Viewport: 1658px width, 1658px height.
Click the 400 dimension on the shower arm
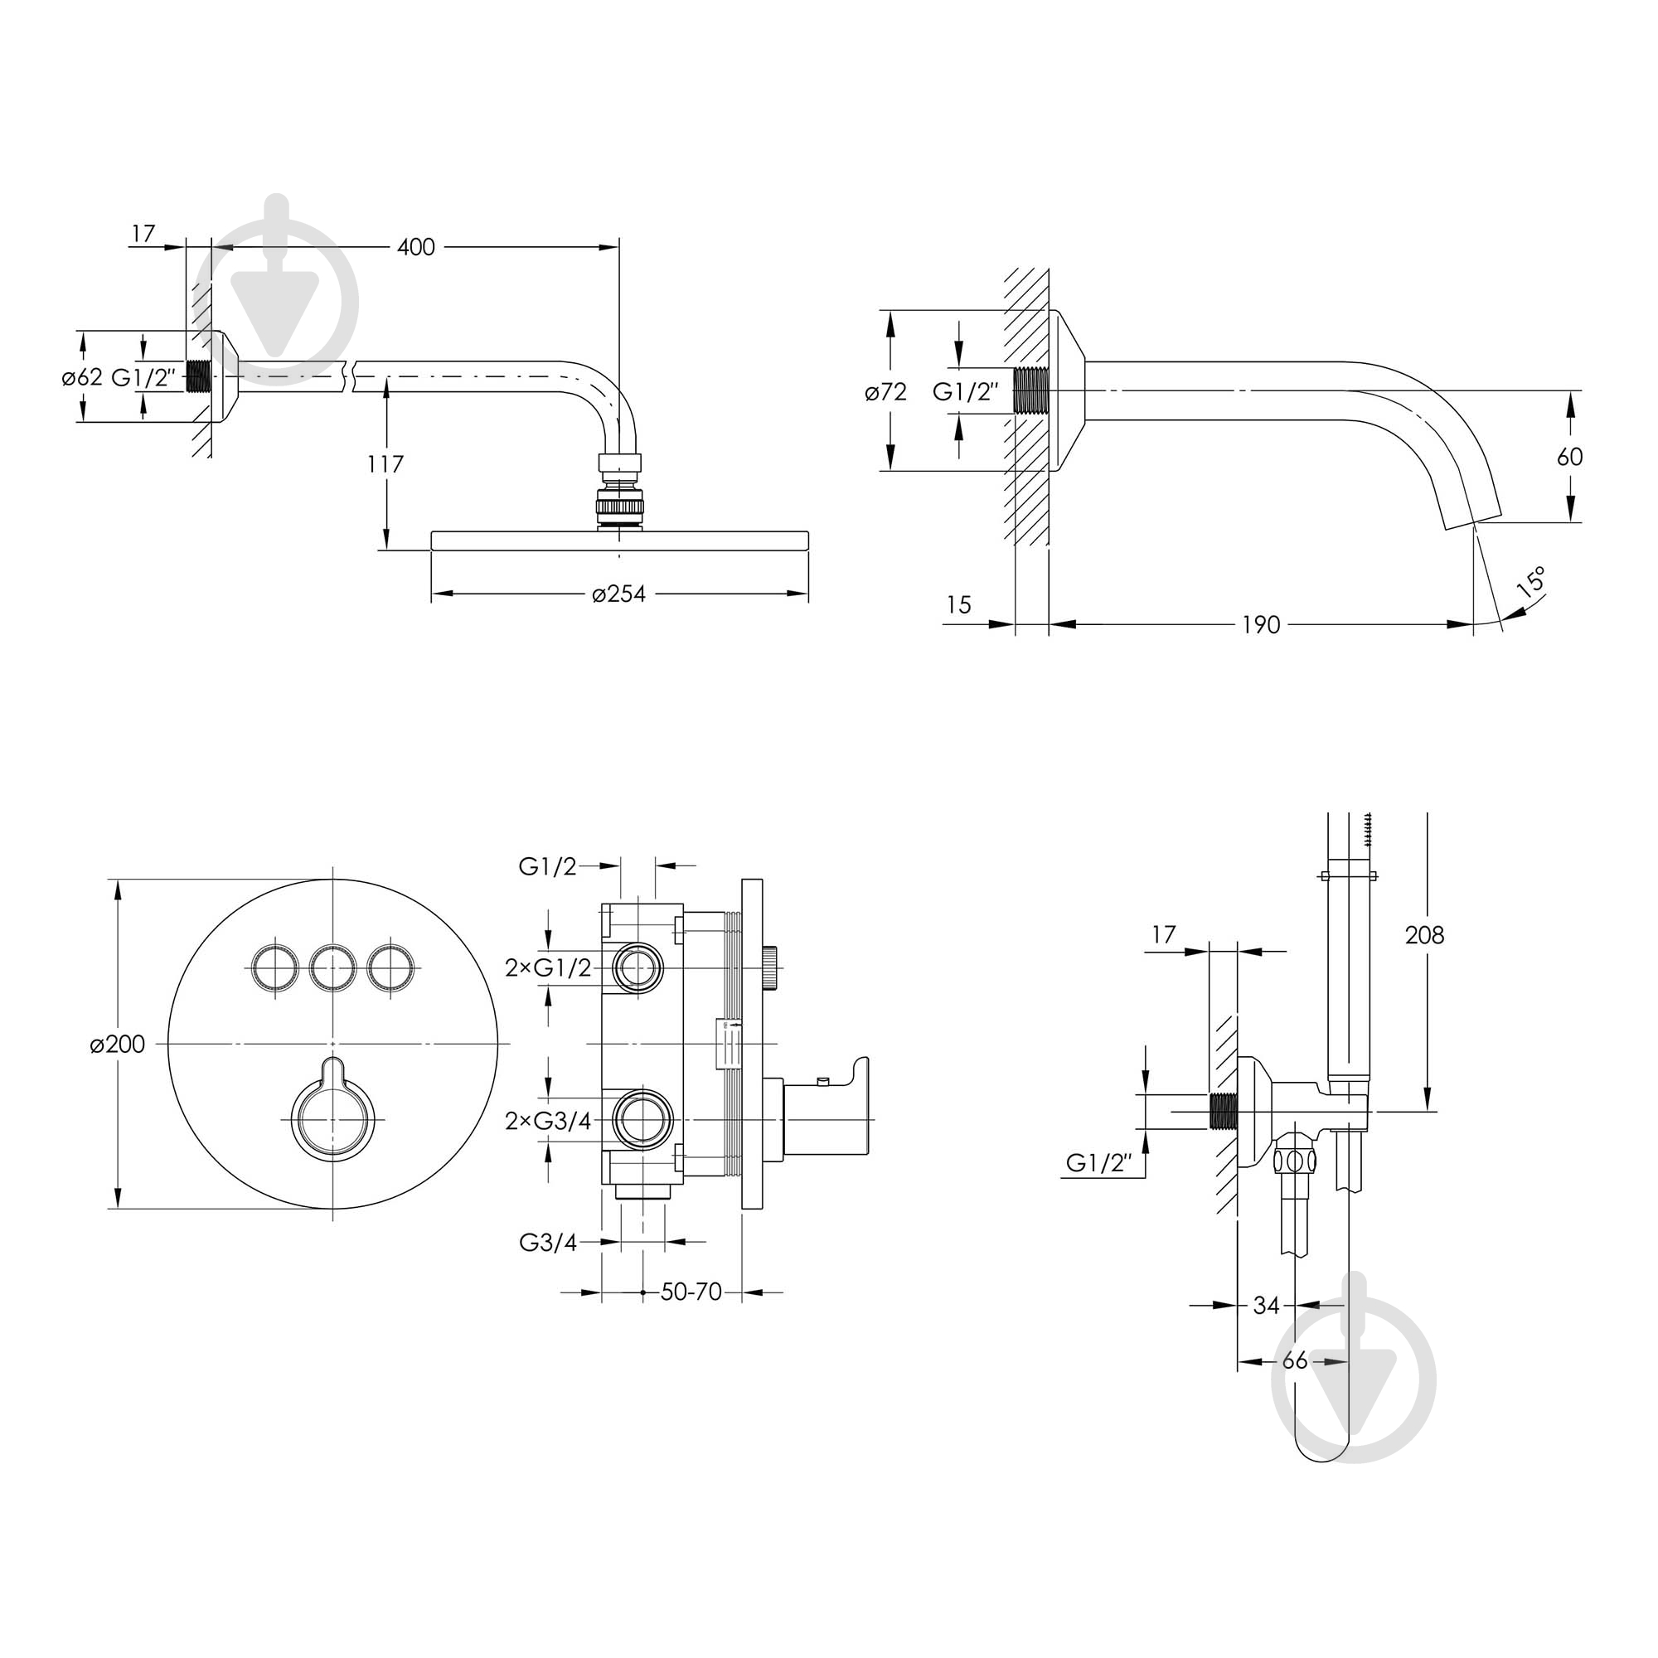click(x=416, y=247)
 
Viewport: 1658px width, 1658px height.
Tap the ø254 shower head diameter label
click(x=618, y=594)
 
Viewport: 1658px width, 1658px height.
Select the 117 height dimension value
click(x=385, y=464)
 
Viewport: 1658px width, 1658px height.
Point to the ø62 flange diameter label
click(x=81, y=377)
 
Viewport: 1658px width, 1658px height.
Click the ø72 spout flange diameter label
click(x=885, y=392)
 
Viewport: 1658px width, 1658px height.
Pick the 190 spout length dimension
click(x=1261, y=625)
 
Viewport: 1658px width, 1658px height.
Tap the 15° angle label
click(x=1531, y=581)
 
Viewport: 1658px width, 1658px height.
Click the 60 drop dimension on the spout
click(x=1569, y=457)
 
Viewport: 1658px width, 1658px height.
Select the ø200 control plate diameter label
click(x=118, y=1045)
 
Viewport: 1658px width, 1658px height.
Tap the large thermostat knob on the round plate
click(x=333, y=1117)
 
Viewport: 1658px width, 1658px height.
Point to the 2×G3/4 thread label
click(x=548, y=1121)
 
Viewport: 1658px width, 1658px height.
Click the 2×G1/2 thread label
click(x=548, y=967)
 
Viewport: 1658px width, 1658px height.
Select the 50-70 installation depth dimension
click(x=691, y=1292)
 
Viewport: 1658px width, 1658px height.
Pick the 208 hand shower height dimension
click(x=1424, y=934)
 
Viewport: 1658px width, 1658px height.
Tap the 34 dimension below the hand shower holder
click(x=1266, y=1306)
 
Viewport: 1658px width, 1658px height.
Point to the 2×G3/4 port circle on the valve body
click(x=642, y=1121)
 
